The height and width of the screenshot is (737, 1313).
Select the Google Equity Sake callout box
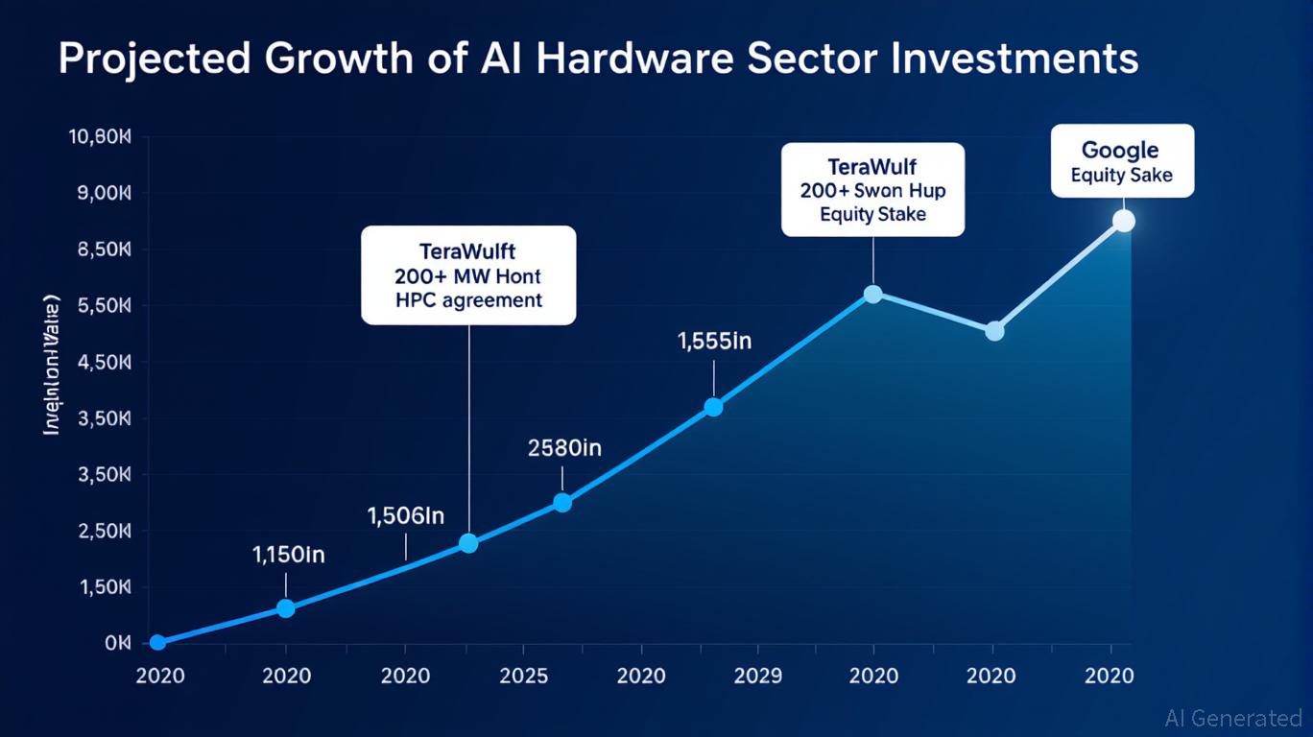click(x=1122, y=161)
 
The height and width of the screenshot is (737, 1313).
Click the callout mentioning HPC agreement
click(x=468, y=275)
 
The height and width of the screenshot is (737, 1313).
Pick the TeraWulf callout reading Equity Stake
click(x=872, y=189)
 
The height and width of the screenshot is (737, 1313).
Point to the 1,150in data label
click(x=288, y=555)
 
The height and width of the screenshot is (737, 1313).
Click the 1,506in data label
click(x=406, y=516)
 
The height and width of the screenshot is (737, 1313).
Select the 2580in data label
click(x=564, y=447)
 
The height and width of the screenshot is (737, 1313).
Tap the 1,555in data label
click(x=713, y=342)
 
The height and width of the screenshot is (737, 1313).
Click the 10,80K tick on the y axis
click(x=99, y=137)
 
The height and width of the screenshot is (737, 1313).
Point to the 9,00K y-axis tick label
click(x=101, y=194)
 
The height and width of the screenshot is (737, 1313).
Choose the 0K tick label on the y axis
click(x=116, y=643)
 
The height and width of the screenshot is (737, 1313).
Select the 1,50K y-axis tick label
click(x=101, y=587)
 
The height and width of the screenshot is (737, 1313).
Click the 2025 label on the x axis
click(x=524, y=676)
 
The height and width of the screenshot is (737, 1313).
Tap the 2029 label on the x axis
click(x=757, y=676)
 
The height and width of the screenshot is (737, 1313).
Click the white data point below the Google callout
click(x=1123, y=221)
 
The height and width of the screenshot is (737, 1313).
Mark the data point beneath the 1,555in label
click(x=713, y=407)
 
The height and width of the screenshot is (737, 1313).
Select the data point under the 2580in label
click(x=562, y=502)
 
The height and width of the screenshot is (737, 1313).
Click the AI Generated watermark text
click(x=1232, y=718)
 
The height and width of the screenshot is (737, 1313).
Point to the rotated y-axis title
click(x=53, y=366)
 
